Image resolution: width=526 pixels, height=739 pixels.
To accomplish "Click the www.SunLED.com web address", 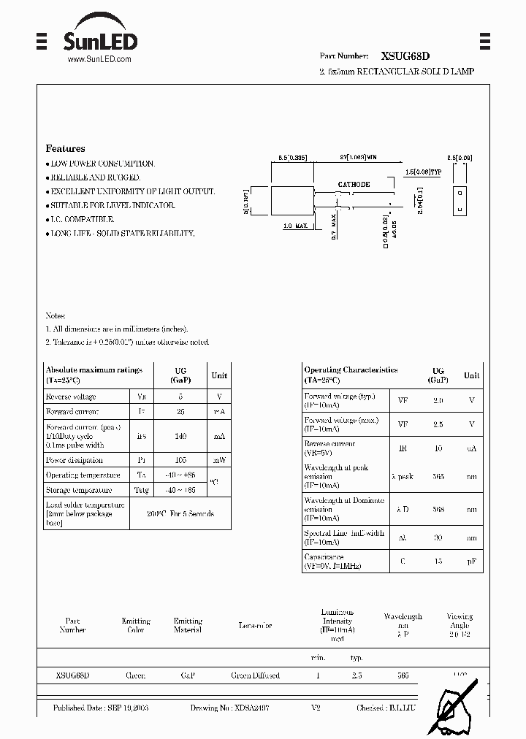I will [99, 60].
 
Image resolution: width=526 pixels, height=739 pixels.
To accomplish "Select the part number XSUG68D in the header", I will [405, 55].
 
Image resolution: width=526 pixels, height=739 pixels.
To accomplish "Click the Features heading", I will [65, 148].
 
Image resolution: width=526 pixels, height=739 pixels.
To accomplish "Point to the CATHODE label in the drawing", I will [354, 185].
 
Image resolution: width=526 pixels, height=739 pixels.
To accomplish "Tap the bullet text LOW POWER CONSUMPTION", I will [102, 164].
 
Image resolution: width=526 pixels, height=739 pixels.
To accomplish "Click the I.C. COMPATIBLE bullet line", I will [82, 219].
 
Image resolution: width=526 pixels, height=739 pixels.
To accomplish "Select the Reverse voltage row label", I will [71, 397].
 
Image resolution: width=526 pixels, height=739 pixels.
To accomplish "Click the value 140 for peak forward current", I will [180, 436].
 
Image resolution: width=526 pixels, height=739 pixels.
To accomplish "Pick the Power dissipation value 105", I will [180, 460].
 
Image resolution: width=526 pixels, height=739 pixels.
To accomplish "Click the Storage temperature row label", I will [79, 491].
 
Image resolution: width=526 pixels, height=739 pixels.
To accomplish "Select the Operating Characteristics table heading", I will [351, 370].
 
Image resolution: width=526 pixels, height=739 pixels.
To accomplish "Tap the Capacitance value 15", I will [438, 562].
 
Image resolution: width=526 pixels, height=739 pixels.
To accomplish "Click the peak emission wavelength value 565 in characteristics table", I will [438, 476].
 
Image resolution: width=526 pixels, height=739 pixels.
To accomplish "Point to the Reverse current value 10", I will [438, 448].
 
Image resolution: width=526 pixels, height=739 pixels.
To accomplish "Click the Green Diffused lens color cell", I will [255, 675].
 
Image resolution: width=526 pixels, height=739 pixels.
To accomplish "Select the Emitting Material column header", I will [188, 625].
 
